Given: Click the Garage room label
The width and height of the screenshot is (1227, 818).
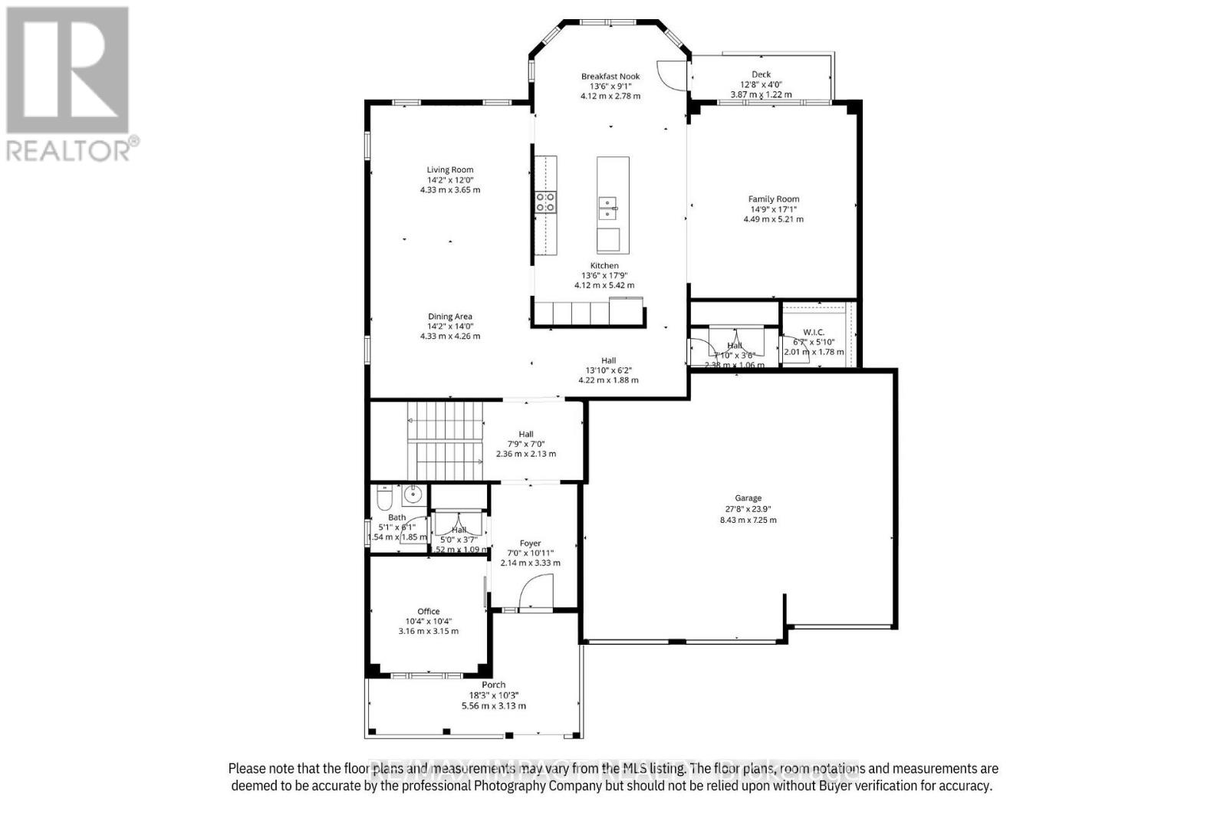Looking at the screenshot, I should pos(748,498).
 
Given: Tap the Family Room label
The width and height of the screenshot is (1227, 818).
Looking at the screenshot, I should pos(774,199).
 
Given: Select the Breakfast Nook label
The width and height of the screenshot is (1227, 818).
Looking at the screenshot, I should pos(610,76).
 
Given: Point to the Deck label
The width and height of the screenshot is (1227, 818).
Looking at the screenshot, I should pos(761,74).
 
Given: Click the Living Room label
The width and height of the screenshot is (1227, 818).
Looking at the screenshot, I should pos(450,170).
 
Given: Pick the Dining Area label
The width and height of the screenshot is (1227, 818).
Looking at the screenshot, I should pos(450,317).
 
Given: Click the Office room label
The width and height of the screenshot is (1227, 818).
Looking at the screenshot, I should pos(429,612).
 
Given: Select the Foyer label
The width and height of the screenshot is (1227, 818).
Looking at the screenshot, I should pos(531,543).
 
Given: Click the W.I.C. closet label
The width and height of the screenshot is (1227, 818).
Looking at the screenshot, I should pos(814,332).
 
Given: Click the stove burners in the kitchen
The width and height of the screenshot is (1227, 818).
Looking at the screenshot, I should pos(545,202).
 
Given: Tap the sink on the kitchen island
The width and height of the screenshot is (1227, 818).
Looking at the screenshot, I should pos(608,208).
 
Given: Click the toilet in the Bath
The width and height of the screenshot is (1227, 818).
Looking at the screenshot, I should pos(384,499).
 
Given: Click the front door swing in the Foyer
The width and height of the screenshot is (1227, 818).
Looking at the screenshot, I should pos(536,593).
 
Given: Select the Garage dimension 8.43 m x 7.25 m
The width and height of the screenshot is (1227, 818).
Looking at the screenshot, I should pos(748,520).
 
